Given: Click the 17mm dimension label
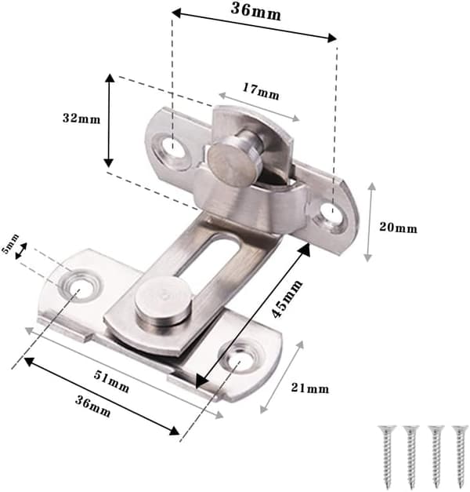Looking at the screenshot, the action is click(x=261, y=91).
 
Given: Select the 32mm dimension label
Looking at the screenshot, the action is click(x=81, y=118).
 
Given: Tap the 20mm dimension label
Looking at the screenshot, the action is click(x=398, y=228).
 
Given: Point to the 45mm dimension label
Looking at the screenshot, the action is click(x=287, y=298).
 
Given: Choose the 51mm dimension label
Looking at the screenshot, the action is click(x=111, y=381).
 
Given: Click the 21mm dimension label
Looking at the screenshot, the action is click(x=310, y=388).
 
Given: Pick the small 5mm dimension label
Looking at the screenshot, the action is click(x=10, y=243).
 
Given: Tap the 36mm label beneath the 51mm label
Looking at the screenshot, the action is click(x=92, y=406).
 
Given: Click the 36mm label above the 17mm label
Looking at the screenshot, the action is click(x=255, y=12).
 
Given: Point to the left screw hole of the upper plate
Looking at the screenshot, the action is click(x=172, y=146).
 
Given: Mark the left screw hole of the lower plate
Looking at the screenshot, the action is click(x=78, y=286).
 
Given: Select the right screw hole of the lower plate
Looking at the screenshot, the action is click(x=240, y=360).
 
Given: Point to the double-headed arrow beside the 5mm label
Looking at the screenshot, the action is click(x=21, y=251).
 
